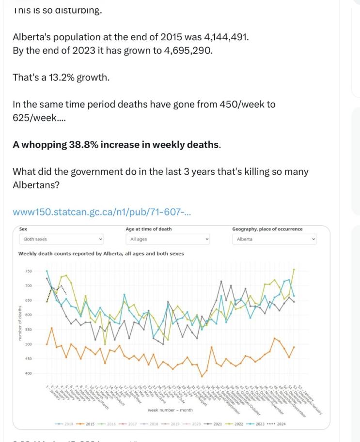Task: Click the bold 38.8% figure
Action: (76, 145)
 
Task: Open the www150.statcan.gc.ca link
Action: (102, 212)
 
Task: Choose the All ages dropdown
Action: (169, 239)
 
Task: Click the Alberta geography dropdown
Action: (275, 239)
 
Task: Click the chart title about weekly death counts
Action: (101, 253)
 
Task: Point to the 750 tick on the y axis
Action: (28, 271)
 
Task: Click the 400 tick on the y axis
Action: (28, 373)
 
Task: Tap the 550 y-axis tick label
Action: (28, 330)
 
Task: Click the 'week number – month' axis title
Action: (170, 410)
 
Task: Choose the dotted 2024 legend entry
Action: (277, 425)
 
